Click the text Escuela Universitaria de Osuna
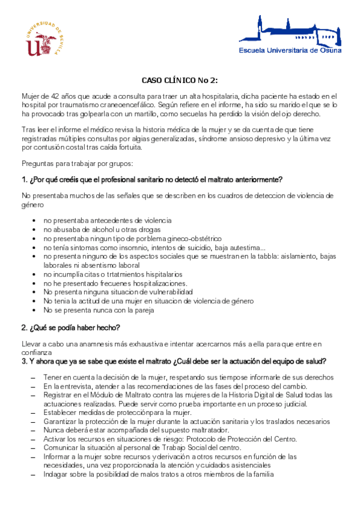pos(290,51)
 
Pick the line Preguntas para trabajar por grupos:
pos(78,163)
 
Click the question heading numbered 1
pos(151,179)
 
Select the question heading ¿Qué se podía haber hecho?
pos(71,327)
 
